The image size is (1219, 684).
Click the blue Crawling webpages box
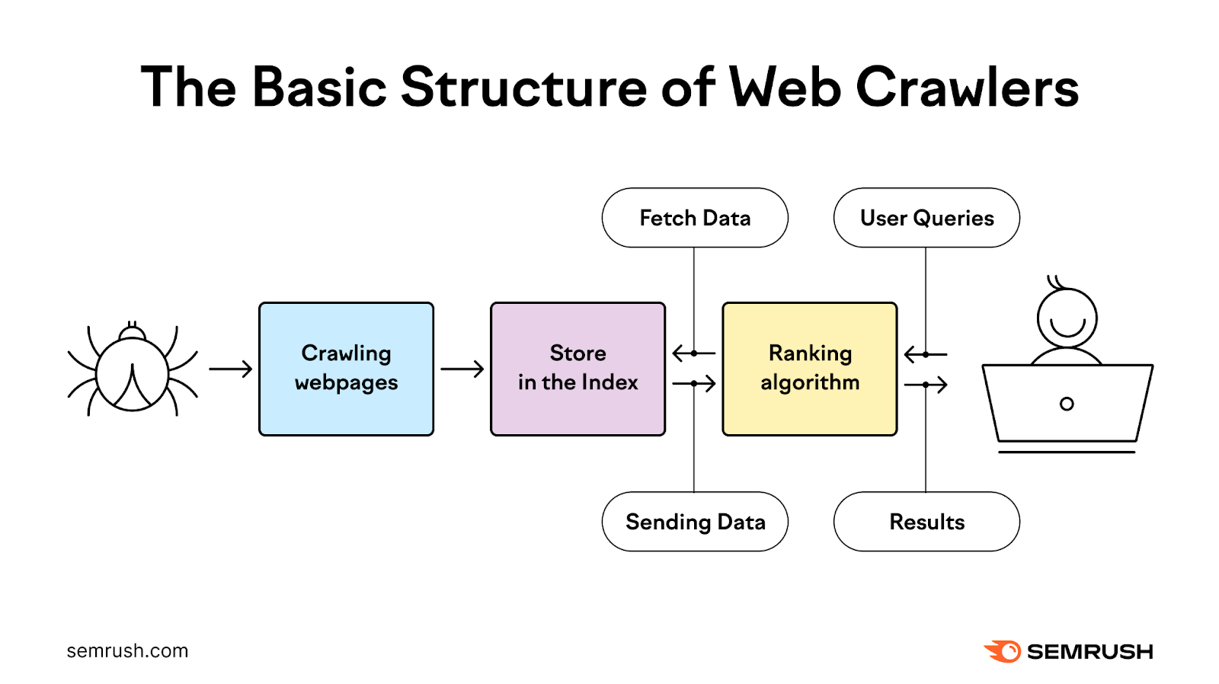pos(346,369)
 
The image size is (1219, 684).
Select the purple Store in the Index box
pos(578,369)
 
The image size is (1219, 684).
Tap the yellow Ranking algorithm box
pos(809,369)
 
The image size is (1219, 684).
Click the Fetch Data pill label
pos(695,218)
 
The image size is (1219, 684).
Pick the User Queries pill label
pos(926,218)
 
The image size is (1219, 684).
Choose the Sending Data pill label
pos(695,522)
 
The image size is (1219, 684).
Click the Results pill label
pos(926,522)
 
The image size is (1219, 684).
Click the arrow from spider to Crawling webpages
pos(230,369)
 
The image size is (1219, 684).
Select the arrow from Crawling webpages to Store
pos(462,369)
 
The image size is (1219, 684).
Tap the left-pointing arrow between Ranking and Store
pos(693,353)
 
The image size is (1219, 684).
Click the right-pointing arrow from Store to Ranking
pos(694,383)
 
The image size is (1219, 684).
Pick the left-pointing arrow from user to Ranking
pos(925,354)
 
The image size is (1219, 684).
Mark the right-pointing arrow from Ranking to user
pos(926,385)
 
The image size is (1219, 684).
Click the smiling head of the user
pos(1067,318)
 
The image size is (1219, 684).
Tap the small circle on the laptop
pos(1067,404)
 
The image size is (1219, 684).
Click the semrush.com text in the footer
pos(127,651)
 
